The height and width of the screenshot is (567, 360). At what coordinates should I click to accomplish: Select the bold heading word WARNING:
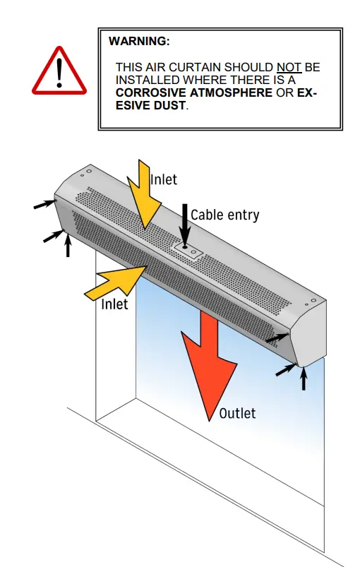click(x=139, y=42)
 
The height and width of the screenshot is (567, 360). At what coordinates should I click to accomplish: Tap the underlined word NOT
click(x=289, y=67)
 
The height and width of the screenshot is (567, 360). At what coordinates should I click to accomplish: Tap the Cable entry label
click(x=225, y=215)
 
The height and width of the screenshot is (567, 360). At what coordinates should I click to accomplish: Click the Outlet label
click(x=237, y=413)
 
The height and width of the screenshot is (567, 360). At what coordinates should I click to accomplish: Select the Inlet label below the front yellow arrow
click(x=114, y=304)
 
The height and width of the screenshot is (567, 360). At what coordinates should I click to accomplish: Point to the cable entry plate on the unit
click(x=188, y=249)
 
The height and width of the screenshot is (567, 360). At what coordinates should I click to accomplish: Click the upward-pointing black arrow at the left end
click(x=68, y=245)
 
